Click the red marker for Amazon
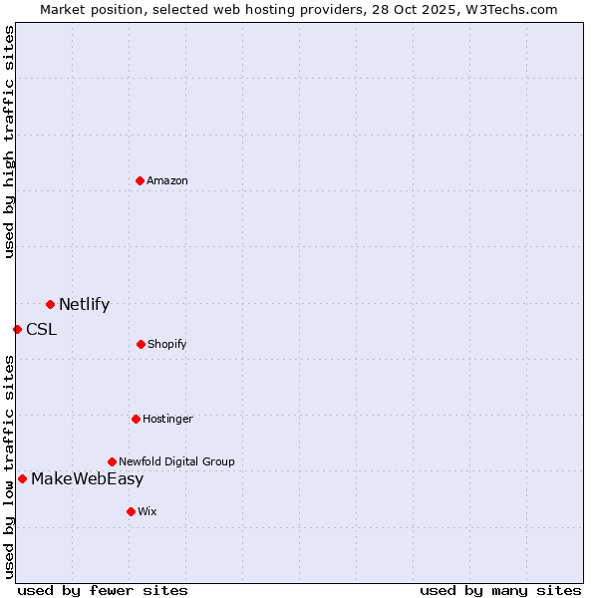140,180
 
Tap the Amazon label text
167,180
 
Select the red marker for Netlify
50,304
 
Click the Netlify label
84,305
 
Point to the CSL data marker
17,329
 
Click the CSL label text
41,330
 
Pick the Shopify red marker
141,344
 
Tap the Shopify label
167,344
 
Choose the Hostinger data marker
136,419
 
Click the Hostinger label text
167,419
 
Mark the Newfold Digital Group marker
112,461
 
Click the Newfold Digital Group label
176,461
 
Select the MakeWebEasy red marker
22,478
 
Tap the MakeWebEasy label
87,479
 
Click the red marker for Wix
131,511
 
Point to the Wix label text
148,511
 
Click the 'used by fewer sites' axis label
103,590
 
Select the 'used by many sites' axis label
500,590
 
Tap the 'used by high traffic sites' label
9,142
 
